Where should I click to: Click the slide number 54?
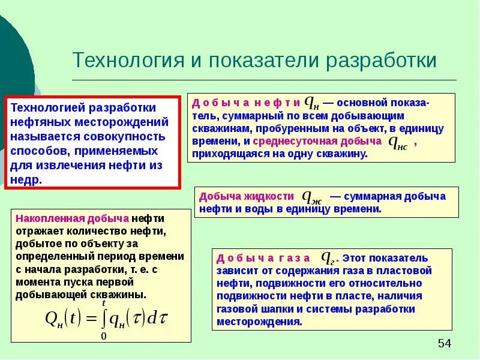tap(444, 343)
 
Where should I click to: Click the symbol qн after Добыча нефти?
tap(313, 103)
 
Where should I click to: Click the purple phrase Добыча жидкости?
tap(247, 196)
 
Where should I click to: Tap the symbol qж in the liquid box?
tap(312, 196)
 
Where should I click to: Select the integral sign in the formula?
tap(104, 318)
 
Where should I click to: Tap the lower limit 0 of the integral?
tap(103, 337)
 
